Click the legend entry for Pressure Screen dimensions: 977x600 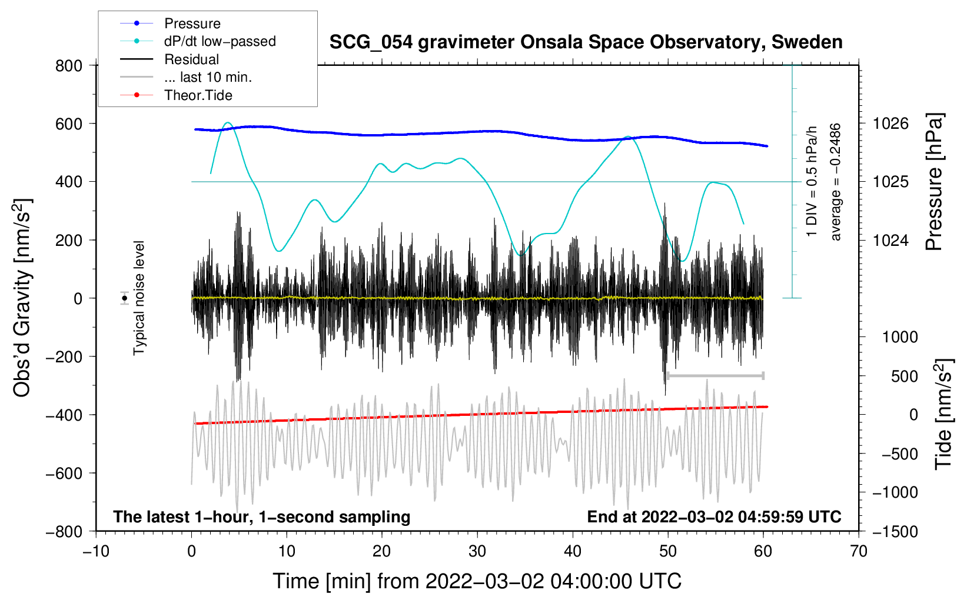170,23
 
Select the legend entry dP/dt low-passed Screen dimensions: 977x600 198,41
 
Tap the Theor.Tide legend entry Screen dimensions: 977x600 176,95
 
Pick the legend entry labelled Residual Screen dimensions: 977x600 170,59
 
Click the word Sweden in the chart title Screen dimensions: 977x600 807,42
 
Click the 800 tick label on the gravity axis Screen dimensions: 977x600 69,66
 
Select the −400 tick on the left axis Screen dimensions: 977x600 64,415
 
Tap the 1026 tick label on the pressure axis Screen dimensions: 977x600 890,124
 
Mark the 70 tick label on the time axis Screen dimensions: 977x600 858,552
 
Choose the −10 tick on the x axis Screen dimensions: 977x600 96,552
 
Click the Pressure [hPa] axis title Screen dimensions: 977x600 934,182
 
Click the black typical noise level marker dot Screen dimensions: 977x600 125,298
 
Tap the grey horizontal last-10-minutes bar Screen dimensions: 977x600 715,376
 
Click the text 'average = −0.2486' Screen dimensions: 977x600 835,182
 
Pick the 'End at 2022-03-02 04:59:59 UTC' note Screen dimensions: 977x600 714,516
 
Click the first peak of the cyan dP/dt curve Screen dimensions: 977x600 228,123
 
